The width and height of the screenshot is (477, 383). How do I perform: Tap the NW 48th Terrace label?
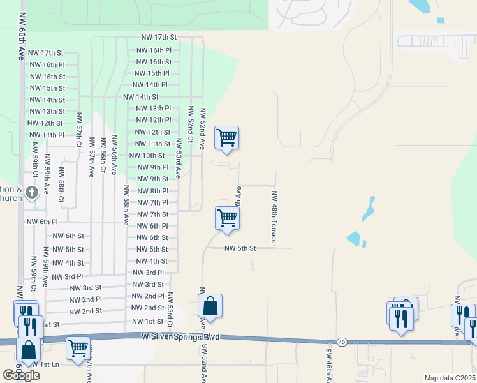[x=275, y=217]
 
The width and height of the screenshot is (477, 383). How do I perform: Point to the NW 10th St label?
[x=147, y=156]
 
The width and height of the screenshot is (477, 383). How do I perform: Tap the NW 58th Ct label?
[x=62, y=185]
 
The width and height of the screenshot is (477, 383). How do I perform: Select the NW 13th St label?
[x=47, y=112]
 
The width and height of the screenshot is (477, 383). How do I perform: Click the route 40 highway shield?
[x=342, y=343]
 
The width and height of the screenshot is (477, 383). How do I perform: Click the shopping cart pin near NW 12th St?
[x=226, y=137]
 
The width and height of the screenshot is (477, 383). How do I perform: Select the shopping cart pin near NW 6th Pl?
[x=227, y=218]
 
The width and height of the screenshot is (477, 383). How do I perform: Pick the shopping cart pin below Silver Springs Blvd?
[x=78, y=349]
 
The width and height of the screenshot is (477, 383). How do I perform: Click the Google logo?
[x=22, y=375]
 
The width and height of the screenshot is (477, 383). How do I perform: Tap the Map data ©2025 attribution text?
[x=450, y=378]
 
